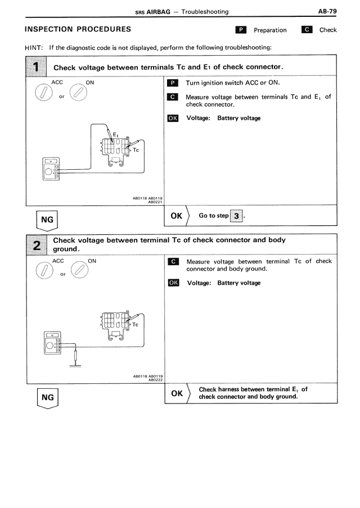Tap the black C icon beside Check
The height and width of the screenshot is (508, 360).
point(307,30)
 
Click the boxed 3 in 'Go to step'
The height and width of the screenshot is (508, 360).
point(237,216)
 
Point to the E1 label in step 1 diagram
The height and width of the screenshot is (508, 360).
point(116,135)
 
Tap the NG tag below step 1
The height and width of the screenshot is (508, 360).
point(47,220)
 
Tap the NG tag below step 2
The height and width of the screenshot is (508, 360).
point(47,397)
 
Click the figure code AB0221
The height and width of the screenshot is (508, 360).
point(155,202)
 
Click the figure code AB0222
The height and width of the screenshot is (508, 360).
point(155,380)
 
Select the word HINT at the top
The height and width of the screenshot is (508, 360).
point(34,47)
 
